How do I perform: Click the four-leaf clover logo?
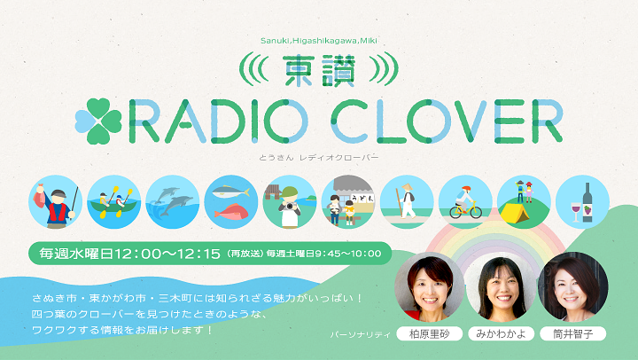point(98,121)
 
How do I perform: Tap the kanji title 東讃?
point(319,71)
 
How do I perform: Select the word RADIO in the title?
point(219,121)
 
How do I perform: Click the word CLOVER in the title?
point(447,121)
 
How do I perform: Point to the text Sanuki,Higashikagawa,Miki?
point(319,41)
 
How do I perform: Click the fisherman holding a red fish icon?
point(56,202)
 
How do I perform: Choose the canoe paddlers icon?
point(114,202)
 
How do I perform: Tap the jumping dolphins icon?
point(173,202)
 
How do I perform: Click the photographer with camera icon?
point(290,202)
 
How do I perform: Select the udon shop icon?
point(348,202)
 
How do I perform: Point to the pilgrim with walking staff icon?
point(407,202)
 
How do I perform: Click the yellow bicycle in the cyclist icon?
point(465,210)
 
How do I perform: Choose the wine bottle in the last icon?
point(587,202)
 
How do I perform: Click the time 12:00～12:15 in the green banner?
point(167,254)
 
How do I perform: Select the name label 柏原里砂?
point(429,334)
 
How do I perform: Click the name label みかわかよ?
point(501,334)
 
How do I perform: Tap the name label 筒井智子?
point(573,334)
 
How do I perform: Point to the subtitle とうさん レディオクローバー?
point(319,157)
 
